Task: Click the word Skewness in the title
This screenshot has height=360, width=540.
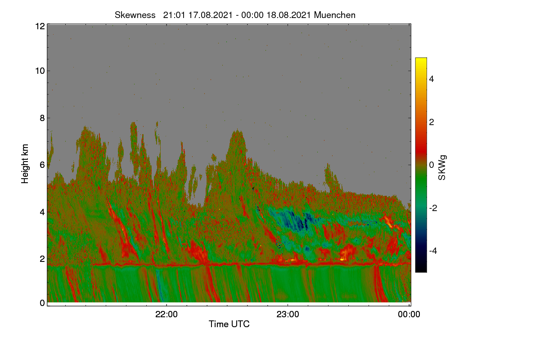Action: [x=135, y=15]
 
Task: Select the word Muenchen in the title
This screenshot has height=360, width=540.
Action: [x=335, y=15]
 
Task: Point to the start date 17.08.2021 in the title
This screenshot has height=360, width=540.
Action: [x=210, y=15]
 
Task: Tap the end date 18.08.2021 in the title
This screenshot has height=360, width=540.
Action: [x=288, y=15]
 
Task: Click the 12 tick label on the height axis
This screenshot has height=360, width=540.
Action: [x=40, y=26]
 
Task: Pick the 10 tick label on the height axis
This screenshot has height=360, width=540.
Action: [x=40, y=71]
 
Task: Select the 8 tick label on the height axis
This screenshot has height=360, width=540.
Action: [x=42, y=118]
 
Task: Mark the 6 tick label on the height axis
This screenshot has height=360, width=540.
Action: [x=42, y=165]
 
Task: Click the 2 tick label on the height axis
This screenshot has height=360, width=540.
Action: [x=42, y=259]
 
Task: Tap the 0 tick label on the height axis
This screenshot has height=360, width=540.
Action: [x=42, y=303]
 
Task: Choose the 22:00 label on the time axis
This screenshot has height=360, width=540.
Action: [x=166, y=315]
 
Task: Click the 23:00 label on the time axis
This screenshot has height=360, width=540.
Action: [x=288, y=315]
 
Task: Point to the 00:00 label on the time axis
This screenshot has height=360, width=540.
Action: [x=409, y=315]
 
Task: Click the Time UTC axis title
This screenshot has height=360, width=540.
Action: [x=229, y=324]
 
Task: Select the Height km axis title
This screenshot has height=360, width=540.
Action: [x=25, y=164]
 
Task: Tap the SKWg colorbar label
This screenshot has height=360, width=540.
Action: [x=442, y=168]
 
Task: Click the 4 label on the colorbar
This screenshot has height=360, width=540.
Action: [x=432, y=79]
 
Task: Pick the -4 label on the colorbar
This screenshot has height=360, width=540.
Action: [x=433, y=251]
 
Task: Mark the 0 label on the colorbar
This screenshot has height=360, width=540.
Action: [x=432, y=165]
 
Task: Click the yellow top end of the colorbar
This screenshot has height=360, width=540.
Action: [x=421, y=59]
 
